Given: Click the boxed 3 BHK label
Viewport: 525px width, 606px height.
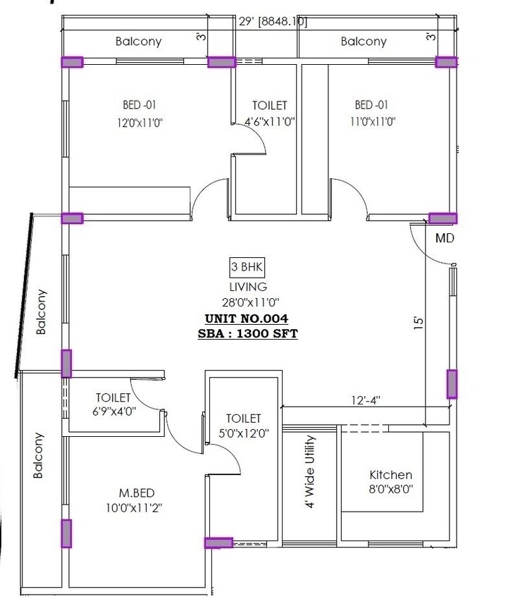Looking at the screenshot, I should [247, 267].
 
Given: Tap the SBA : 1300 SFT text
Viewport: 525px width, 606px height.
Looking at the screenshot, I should [248, 333].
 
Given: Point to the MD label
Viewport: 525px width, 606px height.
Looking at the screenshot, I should [445, 238].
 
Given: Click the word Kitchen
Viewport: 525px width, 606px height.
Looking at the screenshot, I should [390, 475].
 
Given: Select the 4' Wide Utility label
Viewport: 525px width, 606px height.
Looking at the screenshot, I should [311, 471].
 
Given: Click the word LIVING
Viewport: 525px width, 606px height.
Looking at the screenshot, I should [248, 287].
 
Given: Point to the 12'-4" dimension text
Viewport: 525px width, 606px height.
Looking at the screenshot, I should [366, 400].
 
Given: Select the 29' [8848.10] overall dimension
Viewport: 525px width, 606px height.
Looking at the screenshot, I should [273, 22].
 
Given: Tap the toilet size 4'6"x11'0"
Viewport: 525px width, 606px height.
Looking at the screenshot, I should [269, 121].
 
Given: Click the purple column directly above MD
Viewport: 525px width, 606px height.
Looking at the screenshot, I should [443, 218].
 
